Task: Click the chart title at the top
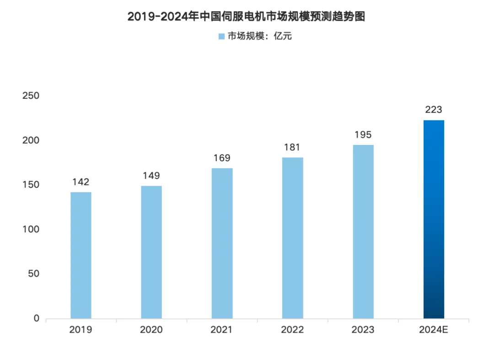[247, 16]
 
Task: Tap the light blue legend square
[221, 36]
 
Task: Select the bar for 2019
[81, 255]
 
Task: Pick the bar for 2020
[151, 252]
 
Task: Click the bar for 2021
[222, 243]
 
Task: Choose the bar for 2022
[292, 238]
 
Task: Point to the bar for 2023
[363, 231]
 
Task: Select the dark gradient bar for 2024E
[434, 219]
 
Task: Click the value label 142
[81, 182]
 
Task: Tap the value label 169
[222, 158]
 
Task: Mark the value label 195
[363, 135]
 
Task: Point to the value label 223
[434, 110]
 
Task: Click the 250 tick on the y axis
[31, 96]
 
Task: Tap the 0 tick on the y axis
[37, 318]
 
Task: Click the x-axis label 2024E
[434, 330]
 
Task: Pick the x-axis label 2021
[222, 330]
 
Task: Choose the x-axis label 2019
[81, 330]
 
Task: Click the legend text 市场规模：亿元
[260, 36]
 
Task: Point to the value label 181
[292, 147]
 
